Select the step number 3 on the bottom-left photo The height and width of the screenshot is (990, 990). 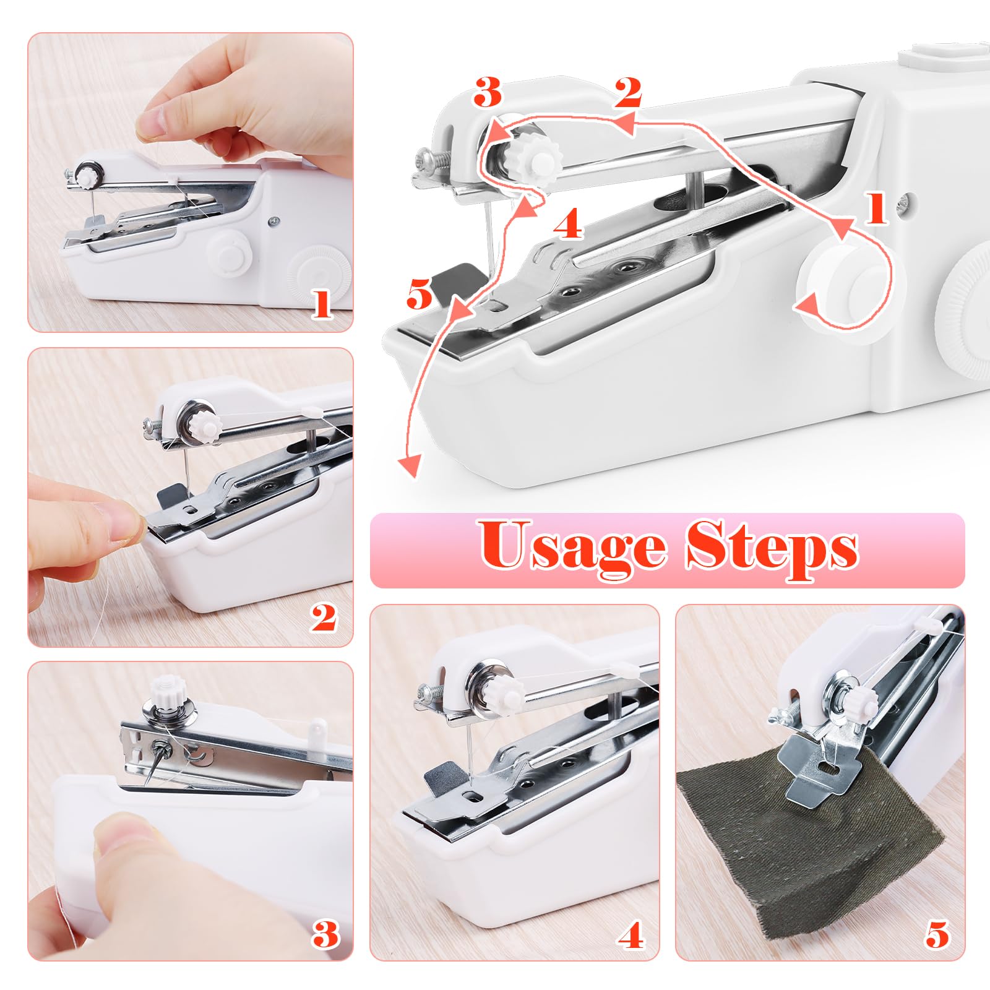pos(325,934)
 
